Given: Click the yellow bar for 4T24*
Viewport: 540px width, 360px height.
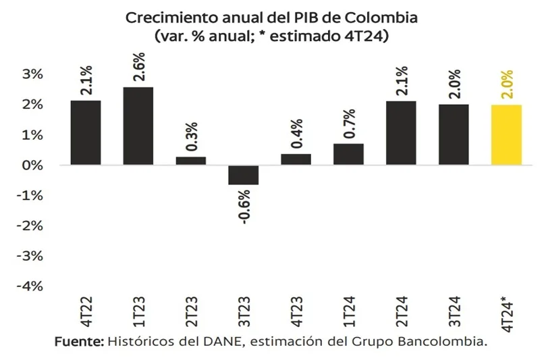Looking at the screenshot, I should (x=507, y=135).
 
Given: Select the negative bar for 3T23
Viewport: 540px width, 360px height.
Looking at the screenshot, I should (x=244, y=175).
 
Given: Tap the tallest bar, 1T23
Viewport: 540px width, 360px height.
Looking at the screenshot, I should (x=138, y=126).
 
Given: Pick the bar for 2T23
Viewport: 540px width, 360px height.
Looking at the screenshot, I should (x=191, y=161).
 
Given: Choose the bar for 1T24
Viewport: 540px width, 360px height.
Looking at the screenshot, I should (x=349, y=155).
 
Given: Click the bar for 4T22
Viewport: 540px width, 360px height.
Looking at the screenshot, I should (x=86, y=133).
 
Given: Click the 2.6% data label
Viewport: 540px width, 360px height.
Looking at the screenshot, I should (x=138, y=68).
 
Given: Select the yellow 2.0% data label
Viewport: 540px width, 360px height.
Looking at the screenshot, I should (x=507, y=85).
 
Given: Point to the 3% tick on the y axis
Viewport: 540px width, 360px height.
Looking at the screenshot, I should (x=32, y=74).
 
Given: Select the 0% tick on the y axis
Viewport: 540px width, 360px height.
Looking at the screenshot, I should (x=32, y=165).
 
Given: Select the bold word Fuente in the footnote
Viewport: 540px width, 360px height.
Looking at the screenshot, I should (x=79, y=342).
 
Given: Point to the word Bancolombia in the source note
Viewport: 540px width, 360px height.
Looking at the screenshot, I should (x=444, y=342).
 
